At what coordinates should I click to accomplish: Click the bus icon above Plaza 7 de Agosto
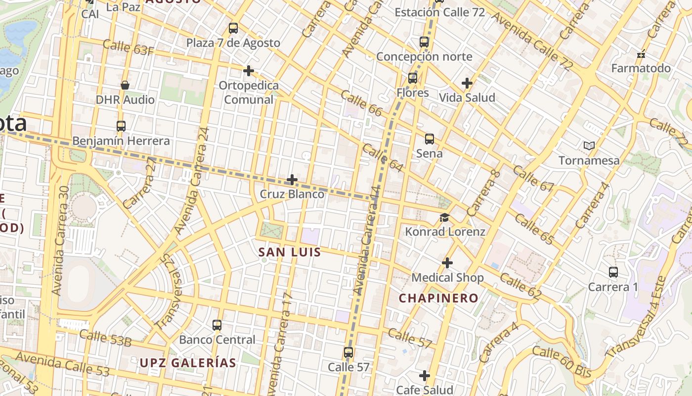(x=233, y=28)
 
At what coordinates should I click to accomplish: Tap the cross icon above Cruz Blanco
(x=292, y=179)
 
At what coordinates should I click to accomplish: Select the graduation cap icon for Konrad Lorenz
(x=445, y=217)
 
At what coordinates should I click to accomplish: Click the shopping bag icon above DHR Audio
(x=125, y=85)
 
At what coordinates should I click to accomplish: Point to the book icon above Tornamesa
(x=589, y=146)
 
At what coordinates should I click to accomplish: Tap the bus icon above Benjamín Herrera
(x=121, y=126)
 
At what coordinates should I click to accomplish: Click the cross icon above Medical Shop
(x=447, y=263)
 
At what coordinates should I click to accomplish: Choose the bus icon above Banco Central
(x=217, y=325)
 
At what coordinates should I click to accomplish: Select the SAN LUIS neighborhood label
(x=290, y=252)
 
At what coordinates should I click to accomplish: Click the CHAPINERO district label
(x=438, y=298)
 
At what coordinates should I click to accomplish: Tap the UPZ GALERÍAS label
(x=188, y=363)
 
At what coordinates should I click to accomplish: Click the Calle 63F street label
(x=129, y=47)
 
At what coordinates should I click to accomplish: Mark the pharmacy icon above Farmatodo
(x=642, y=54)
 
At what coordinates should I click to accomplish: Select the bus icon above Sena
(x=430, y=139)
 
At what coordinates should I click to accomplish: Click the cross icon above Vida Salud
(x=467, y=83)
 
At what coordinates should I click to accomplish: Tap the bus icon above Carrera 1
(x=613, y=272)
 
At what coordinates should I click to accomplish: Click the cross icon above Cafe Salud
(x=425, y=376)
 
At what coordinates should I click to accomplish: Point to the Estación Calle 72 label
(x=439, y=12)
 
